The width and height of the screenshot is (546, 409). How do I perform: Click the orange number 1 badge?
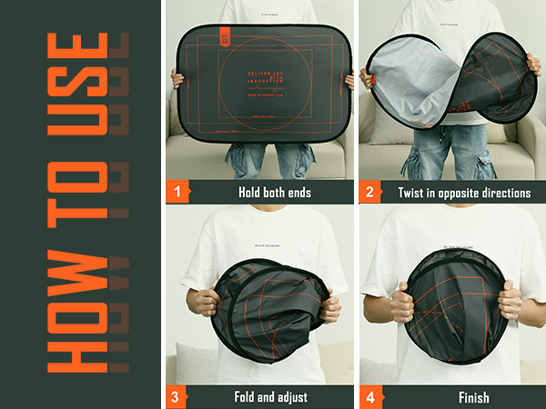click(x=177, y=192)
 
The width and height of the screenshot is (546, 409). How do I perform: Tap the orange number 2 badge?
click(x=370, y=192)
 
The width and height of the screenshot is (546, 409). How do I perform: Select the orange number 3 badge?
click(x=177, y=396)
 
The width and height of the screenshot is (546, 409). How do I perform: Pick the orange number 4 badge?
click(x=370, y=396)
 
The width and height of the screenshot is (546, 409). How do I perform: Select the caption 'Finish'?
click(x=473, y=397)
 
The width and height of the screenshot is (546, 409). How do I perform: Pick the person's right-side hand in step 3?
click(x=329, y=306)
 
